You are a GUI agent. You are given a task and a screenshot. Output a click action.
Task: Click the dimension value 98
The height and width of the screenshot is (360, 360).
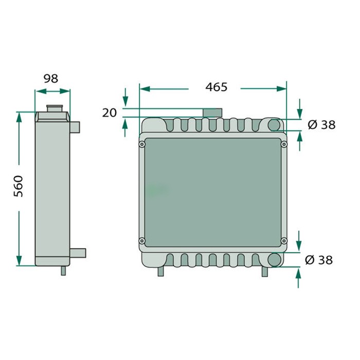[x=51, y=78]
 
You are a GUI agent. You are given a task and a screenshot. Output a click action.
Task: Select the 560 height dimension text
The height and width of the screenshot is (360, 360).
[x=18, y=186]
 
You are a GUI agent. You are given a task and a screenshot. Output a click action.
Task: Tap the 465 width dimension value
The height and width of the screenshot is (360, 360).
[x=216, y=87]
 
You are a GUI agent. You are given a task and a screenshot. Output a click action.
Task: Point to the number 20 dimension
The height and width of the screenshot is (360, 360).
[x=110, y=113]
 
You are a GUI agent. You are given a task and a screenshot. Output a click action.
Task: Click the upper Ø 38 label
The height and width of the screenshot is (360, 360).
[x=321, y=124]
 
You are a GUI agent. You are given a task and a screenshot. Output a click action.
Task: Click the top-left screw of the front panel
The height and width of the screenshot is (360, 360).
[x=141, y=145]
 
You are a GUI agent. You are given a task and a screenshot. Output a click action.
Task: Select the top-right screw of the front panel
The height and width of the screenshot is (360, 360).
[x=283, y=145]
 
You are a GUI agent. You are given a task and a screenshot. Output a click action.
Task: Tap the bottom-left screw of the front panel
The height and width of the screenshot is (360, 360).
[x=141, y=240]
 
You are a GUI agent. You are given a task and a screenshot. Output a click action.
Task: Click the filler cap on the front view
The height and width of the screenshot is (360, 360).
[x=211, y=113]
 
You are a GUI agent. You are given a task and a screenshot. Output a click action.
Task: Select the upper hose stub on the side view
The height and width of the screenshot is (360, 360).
[x=75, y=125]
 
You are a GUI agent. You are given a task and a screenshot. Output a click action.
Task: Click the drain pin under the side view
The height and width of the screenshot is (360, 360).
[x=63, y=271]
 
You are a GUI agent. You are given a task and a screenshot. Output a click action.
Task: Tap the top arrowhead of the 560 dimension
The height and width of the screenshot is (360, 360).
[x=20, y=116]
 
